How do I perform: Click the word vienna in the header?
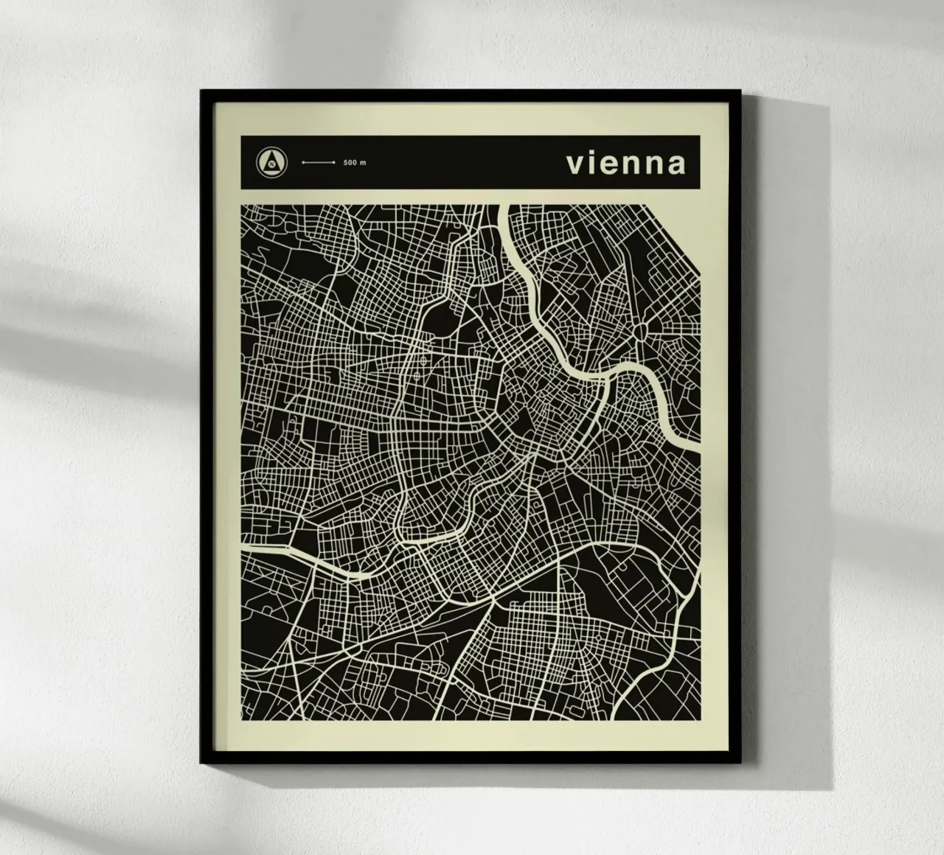pyautogui.click(x=625, y=163)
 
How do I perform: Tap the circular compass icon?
pyautogui.click(x=271, y=161)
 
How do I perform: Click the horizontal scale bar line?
pyautogui.click(x=319, y=162)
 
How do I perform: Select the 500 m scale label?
pyautogui.click(x=354, y=162)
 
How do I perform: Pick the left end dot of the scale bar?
pyautogui.click(x=303, y=162)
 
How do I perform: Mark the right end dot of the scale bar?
pyautogui.click(x=334, y=162)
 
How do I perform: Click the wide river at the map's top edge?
pyautogui.click(x=505, y=209)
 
